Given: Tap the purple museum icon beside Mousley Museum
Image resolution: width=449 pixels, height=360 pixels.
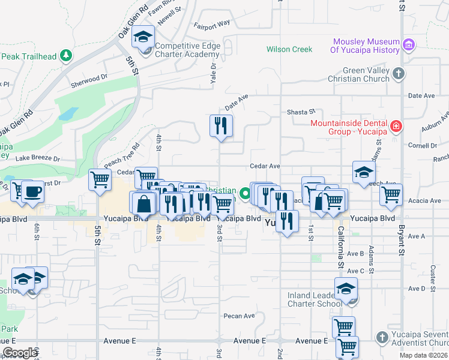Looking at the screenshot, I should (409, 44).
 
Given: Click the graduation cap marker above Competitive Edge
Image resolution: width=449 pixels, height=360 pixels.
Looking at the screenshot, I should (143, 38).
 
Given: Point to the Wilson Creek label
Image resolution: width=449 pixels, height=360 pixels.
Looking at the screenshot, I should (289, 49).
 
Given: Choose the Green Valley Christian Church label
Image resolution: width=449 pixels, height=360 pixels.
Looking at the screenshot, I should (358, 74).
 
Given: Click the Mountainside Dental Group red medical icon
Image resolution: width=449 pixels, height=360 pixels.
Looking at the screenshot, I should (396, 126).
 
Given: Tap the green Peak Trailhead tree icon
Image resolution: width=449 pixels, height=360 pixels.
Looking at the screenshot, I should (65, 56).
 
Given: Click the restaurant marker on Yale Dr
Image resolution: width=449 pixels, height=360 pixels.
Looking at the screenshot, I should (221, 125).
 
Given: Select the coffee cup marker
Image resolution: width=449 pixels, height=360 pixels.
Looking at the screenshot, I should (33, 191).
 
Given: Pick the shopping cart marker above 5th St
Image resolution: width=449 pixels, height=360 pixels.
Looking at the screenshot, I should (100, 179).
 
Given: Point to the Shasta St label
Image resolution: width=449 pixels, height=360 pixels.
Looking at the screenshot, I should (301, 112).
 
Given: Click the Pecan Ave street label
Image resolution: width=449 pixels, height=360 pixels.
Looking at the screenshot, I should (239, 316).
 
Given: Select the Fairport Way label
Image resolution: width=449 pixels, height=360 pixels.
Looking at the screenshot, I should (211, 24).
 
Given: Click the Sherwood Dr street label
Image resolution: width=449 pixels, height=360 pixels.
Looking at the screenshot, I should (89, 77).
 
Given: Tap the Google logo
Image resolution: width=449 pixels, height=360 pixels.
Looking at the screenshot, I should (20, 353).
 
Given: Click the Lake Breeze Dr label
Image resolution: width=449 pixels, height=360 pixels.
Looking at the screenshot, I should (38, 158).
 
